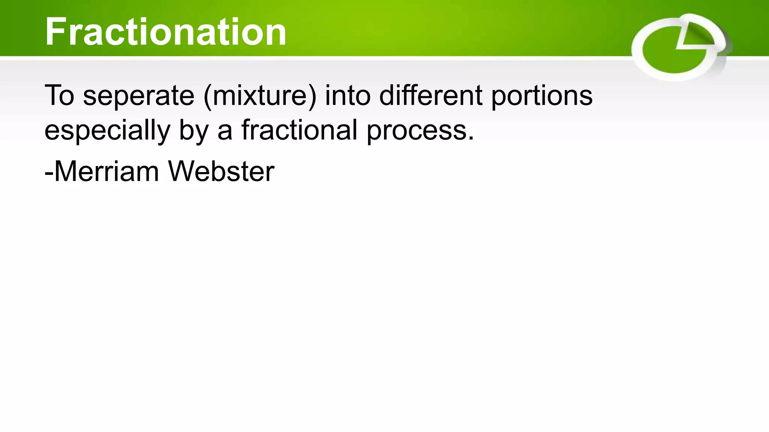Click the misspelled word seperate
tap(139, 96)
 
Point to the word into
tap(348, 96)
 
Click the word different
tap(430, 96)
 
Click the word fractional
tap(299, 130)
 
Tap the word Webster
tap(221, 172)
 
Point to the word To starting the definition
tap(59, 96)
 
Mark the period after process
tap(471, 139)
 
